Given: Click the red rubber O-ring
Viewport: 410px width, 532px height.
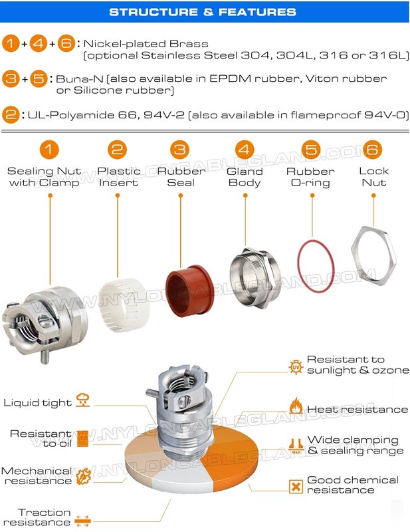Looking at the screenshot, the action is coord(316,266).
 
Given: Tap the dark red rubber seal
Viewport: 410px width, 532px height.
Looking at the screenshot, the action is coord(189,291).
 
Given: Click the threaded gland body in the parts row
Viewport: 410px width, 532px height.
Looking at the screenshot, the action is coord(255,277).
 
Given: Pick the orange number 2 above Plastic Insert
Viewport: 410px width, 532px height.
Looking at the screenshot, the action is coord(117,150).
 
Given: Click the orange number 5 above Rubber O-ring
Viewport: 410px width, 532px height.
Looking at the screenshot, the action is coord(311,150).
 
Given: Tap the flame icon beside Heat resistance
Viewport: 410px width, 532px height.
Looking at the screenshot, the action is coord(296,406).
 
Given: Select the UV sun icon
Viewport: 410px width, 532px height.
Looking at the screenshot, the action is coord(296,367).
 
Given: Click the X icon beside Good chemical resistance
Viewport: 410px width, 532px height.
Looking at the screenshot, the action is coord(296,487).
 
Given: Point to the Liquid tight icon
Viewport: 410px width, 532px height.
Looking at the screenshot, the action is coord(83,400).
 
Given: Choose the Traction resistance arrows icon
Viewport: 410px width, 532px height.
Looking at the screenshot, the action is coord(82,521).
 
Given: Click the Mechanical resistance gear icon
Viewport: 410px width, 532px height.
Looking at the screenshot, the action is coord(83,476).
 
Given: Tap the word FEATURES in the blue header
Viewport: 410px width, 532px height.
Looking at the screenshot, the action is coord(257,12).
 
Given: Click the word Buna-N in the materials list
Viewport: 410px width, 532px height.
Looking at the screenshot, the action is coord(79,78).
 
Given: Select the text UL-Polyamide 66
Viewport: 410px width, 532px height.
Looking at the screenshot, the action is coord(82,115).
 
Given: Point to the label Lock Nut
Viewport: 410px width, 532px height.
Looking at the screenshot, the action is coord(373,177).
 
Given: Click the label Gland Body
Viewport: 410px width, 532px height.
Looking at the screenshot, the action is coord(245,177).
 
